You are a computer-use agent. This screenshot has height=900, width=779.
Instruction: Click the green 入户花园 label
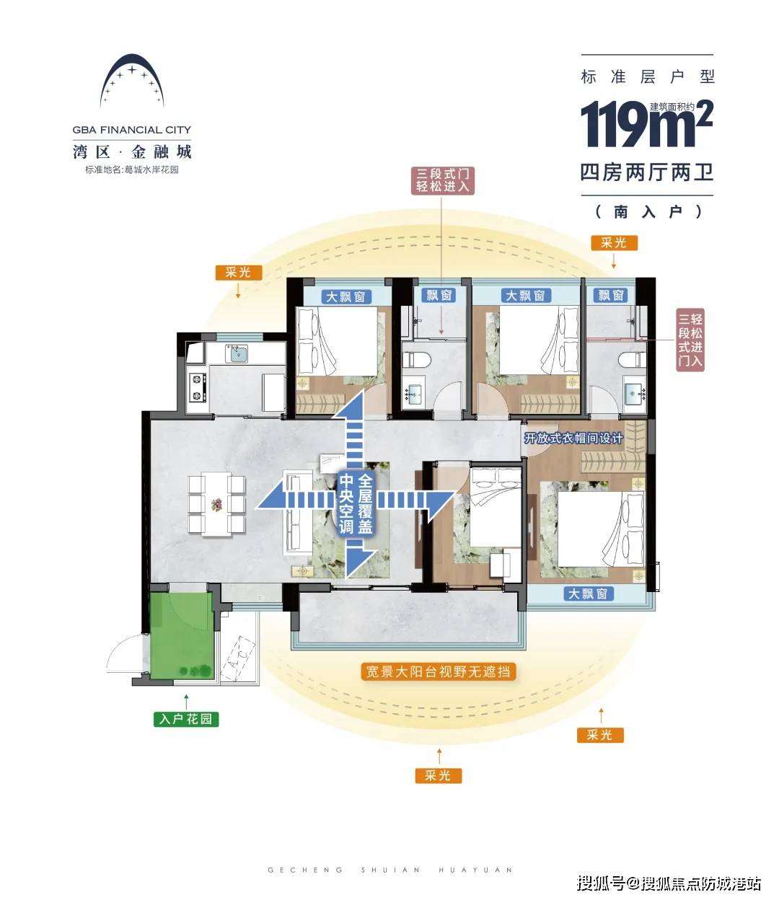[186, 718]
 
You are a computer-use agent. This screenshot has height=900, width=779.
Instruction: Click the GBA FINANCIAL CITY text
[131, 130]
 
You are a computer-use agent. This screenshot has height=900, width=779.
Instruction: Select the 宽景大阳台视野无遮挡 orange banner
[438, 671]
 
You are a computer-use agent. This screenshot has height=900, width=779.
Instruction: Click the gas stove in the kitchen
[197, 387]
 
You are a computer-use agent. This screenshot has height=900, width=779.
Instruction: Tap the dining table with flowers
[216, 504]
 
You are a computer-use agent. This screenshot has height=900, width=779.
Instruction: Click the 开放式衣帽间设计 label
[573, 438]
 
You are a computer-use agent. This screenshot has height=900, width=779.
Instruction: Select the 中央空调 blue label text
[346, 504]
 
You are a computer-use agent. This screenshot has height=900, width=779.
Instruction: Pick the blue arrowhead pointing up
[347, 406]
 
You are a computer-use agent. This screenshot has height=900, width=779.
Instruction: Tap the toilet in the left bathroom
[417, 360]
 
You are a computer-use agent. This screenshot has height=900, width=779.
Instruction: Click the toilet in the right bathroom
[632, 360]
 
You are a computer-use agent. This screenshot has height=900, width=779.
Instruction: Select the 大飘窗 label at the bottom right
[588, 594]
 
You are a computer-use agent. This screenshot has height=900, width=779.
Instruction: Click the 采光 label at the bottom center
[438, 775]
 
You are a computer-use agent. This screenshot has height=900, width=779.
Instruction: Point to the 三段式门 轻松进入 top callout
[442, 180]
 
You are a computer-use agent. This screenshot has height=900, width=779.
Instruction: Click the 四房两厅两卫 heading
[647, 172]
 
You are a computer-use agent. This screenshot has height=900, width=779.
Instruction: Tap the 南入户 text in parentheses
[648, 211]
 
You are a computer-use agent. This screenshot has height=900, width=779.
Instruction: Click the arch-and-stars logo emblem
[132, 81]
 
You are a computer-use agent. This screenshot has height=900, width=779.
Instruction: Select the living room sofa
[297, 512]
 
